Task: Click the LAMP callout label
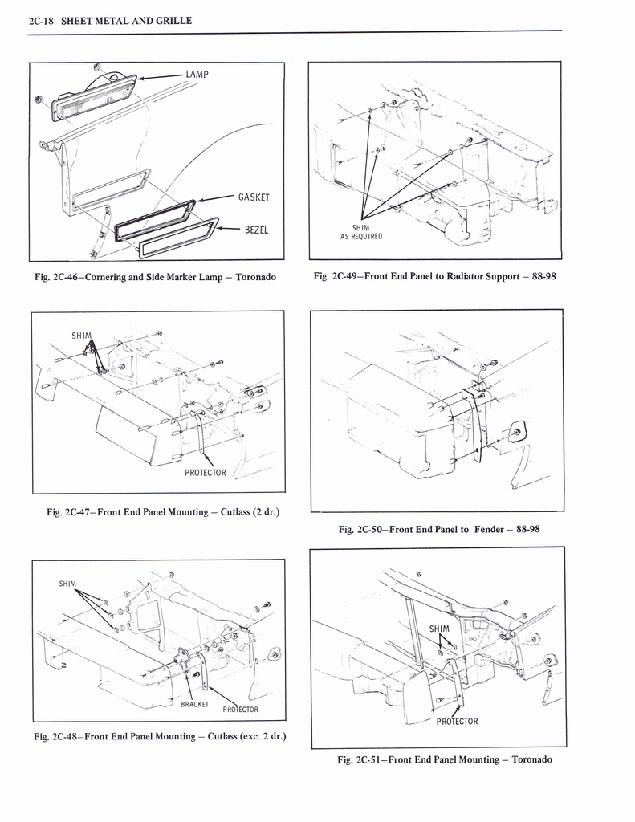click(197, 75)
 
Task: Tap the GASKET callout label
click(253, 197)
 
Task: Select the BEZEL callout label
click(256, 230)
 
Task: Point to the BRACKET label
click(194, 704)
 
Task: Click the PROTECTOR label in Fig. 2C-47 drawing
click(206, 472)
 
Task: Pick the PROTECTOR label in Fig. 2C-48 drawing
click(240, 710)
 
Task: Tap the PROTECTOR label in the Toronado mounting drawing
click(457, 721)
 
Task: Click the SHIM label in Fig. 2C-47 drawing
click(82, 336)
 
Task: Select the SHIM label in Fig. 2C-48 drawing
click(67, 584)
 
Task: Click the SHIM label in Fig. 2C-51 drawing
click(439, 628)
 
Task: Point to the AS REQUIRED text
click(361, 236)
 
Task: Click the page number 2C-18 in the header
click(41, 20)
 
